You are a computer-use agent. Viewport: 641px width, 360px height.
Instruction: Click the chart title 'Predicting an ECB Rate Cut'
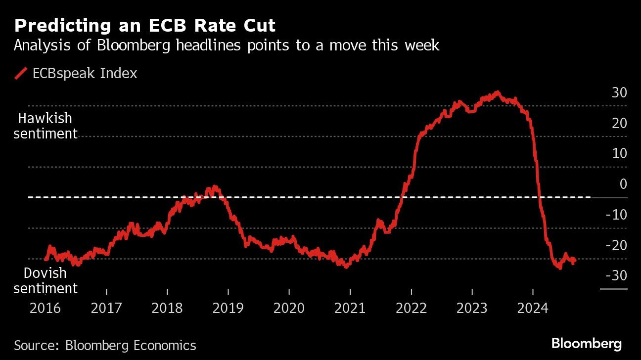[144, 26]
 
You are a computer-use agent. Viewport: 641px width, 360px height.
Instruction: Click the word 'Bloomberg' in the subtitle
[126, 45]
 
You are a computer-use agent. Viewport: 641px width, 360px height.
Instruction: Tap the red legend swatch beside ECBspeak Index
[20, 74]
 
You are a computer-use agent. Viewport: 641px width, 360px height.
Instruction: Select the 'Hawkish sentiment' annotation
[45, 126]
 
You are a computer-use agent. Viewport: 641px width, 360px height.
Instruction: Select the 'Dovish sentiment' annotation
[45, 280]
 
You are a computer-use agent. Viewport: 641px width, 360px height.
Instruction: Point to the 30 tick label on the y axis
[619, 92]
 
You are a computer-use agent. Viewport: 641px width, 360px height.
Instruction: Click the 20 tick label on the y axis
[619, 123]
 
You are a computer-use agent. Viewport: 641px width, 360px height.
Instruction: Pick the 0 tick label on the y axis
[623, 184]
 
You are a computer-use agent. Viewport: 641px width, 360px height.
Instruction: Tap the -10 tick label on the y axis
[617, 215]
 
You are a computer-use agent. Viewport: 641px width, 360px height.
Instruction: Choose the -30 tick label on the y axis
[617, 275]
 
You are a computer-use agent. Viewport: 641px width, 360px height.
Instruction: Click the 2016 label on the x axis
[45, 308]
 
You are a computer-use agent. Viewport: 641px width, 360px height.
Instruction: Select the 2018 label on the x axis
[167, 308]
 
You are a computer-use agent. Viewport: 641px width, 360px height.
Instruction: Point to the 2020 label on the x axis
[289, 308]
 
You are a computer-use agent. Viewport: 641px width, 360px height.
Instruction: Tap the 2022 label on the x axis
[411, 308]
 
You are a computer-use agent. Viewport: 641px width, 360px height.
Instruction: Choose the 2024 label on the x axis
[533, 308]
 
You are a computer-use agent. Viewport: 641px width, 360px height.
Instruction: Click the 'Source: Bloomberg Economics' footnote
[105, 345]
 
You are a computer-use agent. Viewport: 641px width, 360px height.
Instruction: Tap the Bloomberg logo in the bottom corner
[586, 343]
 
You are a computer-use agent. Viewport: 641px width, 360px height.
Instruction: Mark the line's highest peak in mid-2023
[497, 92]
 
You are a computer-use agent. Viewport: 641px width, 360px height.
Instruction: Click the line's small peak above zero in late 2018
[214, 187]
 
